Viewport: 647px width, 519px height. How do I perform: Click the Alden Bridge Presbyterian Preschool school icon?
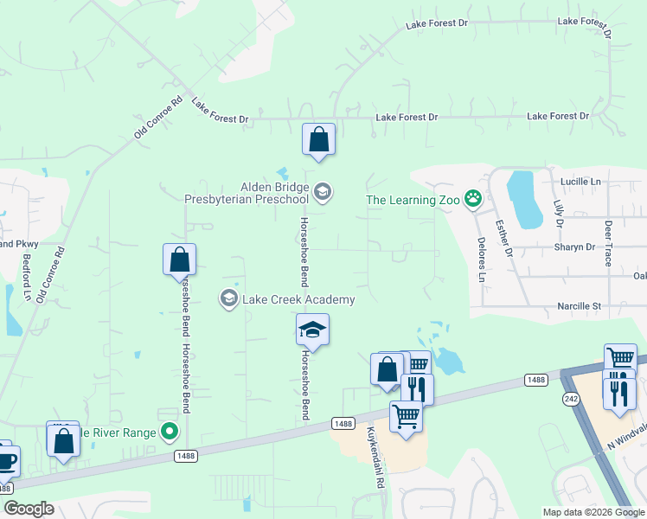click(323, 192)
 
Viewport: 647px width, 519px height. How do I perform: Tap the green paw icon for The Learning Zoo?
click(473, 200)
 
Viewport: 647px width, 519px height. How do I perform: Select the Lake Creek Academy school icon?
click(229, 299)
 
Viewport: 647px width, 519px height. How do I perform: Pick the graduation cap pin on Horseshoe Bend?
click(312, 330)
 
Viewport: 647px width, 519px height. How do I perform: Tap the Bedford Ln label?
click(28, 277)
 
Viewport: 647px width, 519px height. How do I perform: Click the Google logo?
click(29, 509)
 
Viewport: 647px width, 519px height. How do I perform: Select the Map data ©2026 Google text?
click(593, 511)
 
